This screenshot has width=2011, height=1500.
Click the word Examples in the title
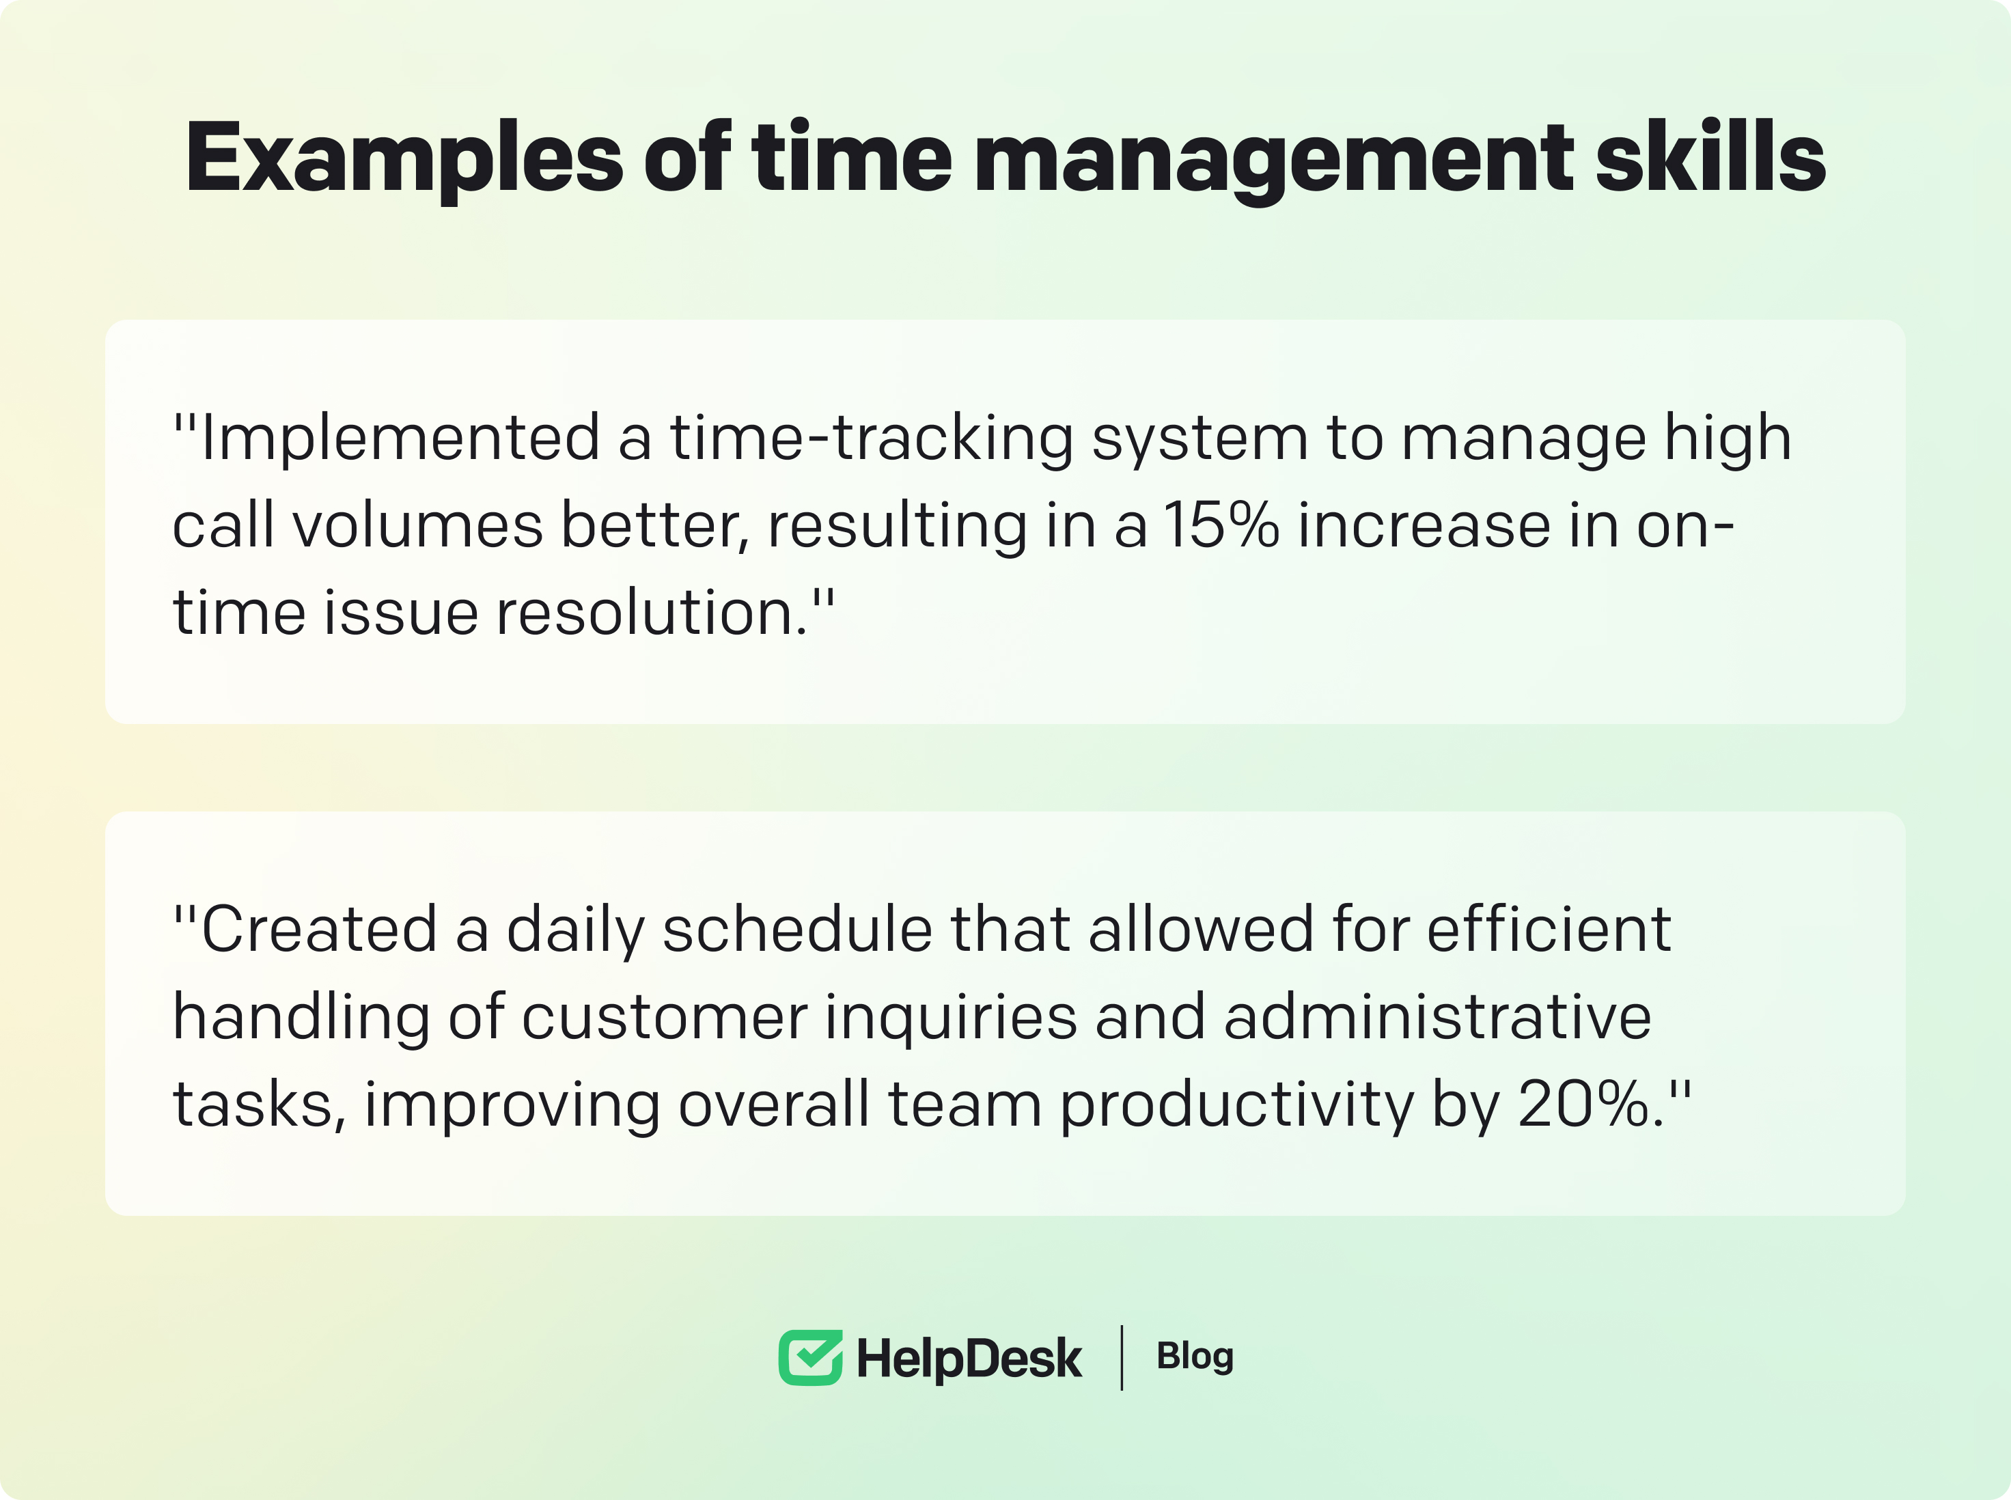404,159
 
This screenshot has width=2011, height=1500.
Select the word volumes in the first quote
417,526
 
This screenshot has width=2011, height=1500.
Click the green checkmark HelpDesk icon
810,1357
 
